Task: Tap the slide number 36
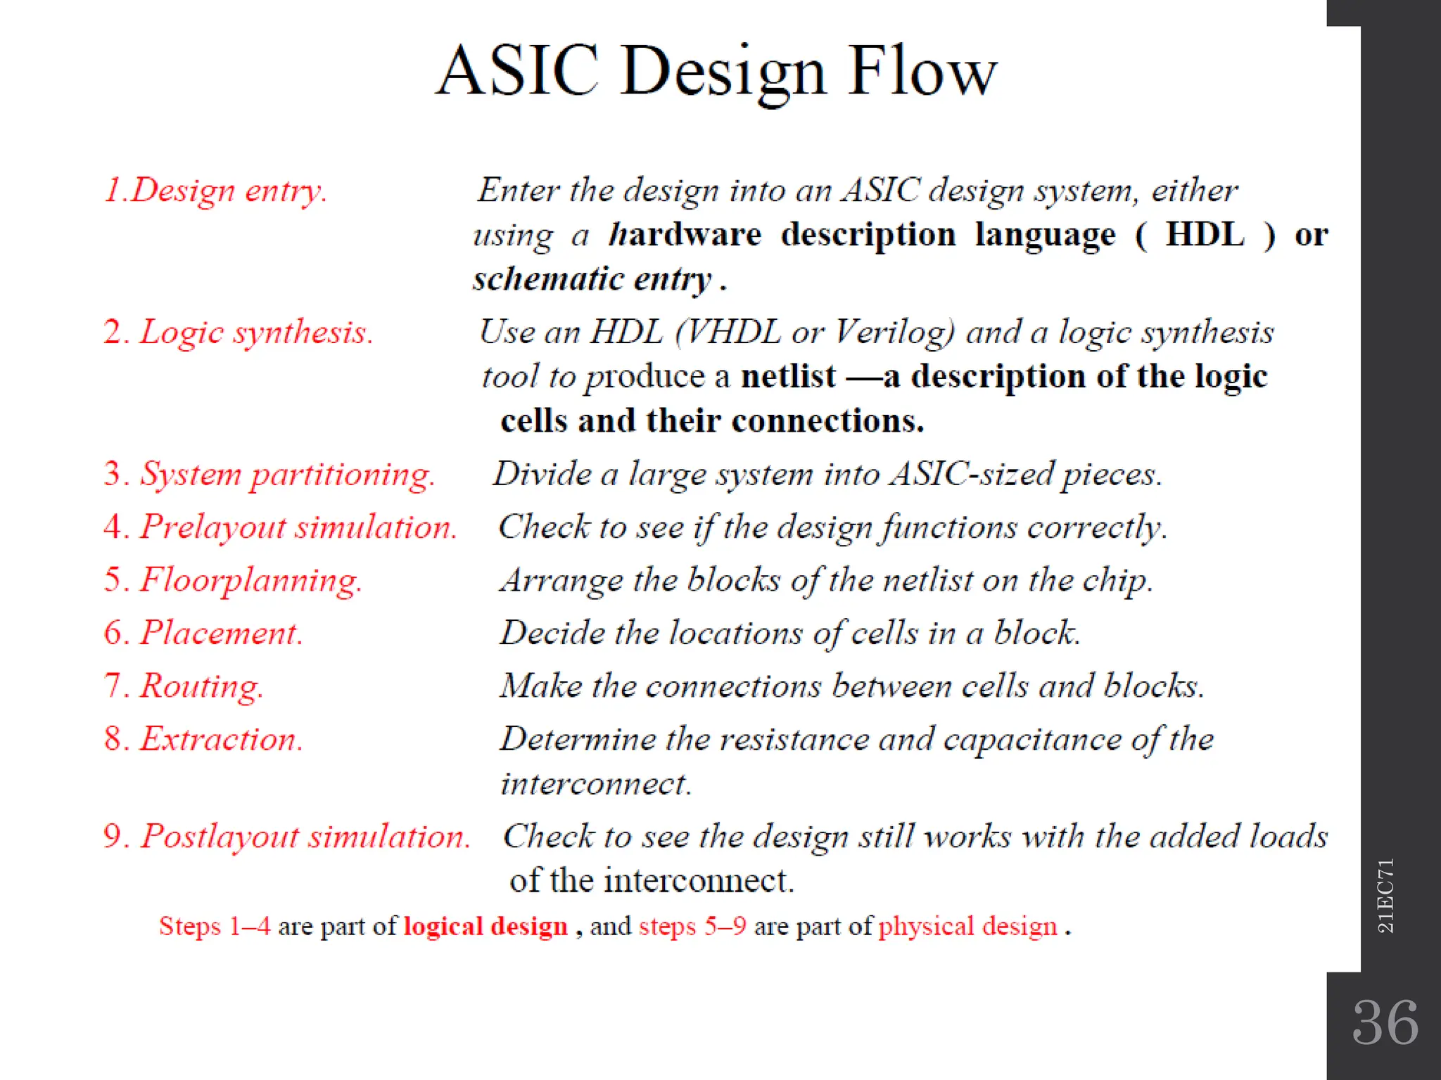click(1385, 1023)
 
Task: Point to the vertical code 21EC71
click(1385, 896)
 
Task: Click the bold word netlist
click(788, 377)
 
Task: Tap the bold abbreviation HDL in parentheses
click(1205, 234)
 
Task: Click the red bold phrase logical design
click(485, 927)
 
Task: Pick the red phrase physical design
click(967, 927)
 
